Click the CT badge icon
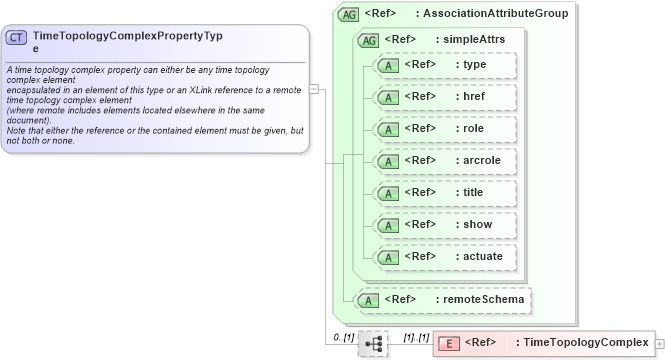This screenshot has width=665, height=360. [17, 38]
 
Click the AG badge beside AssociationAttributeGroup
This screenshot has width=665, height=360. [349, 14]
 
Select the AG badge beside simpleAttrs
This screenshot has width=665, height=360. [368, 40]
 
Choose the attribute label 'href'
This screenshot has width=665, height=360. [473, 97]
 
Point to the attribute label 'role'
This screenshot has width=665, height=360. [473, 129]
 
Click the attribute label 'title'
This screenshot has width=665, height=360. [473, 193]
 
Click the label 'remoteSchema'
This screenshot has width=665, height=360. [478, 299]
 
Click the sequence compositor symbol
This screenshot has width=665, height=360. [373, 343]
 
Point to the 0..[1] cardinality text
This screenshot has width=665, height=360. [344, 337]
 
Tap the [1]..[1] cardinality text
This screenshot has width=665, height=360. [415, 337]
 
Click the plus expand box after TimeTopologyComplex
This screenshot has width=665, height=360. [659, 343]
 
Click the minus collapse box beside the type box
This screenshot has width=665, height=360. [314, 88]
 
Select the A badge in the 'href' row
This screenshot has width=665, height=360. [384, 97]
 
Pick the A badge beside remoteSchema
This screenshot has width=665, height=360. [368, 299]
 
